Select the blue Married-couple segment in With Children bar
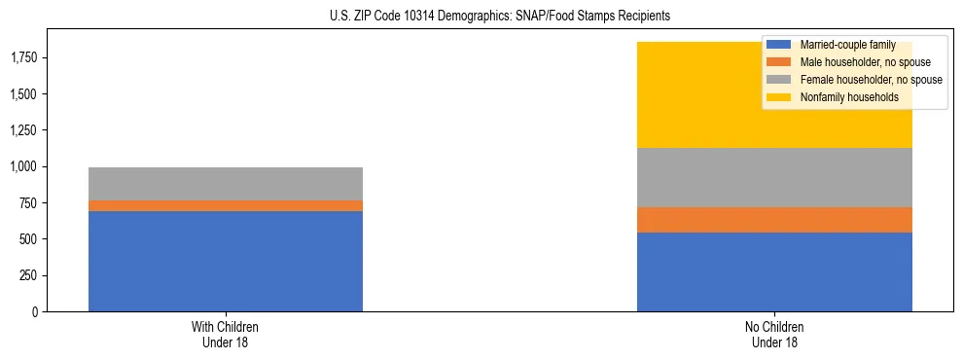click(226, 261)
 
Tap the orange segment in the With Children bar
click(226, 205)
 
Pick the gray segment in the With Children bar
click(226, 184)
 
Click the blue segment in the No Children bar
click(774, 271)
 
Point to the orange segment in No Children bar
click(774, 220)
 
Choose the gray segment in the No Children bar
click(774, 177)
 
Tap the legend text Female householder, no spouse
click(871, 80)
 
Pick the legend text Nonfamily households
click(842, 97)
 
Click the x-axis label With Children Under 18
click(226, 335)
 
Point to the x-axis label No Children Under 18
click(774, 335)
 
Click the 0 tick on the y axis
click(34, 312)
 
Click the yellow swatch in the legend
click(779, 97)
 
